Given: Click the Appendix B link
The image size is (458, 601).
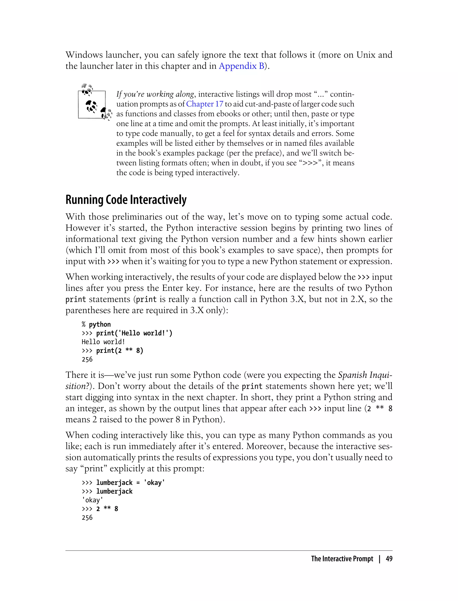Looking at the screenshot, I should pyautogui.click(x=242, y=66).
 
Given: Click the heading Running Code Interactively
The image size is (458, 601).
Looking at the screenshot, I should pyautogui.click(x=126, y=200).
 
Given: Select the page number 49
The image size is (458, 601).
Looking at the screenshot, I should pyautogui.click(x=389, y=559).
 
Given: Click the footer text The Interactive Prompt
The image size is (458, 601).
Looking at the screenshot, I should pyautogui.click(x=342, y=559).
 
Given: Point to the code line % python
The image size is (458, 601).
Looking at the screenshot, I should pyautogui.click(x=96, y=324).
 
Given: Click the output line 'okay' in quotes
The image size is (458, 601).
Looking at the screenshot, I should pyautogui.click(x=92, y=500).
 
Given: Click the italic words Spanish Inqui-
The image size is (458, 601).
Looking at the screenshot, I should pyautogui.click(x=365, y=375).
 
